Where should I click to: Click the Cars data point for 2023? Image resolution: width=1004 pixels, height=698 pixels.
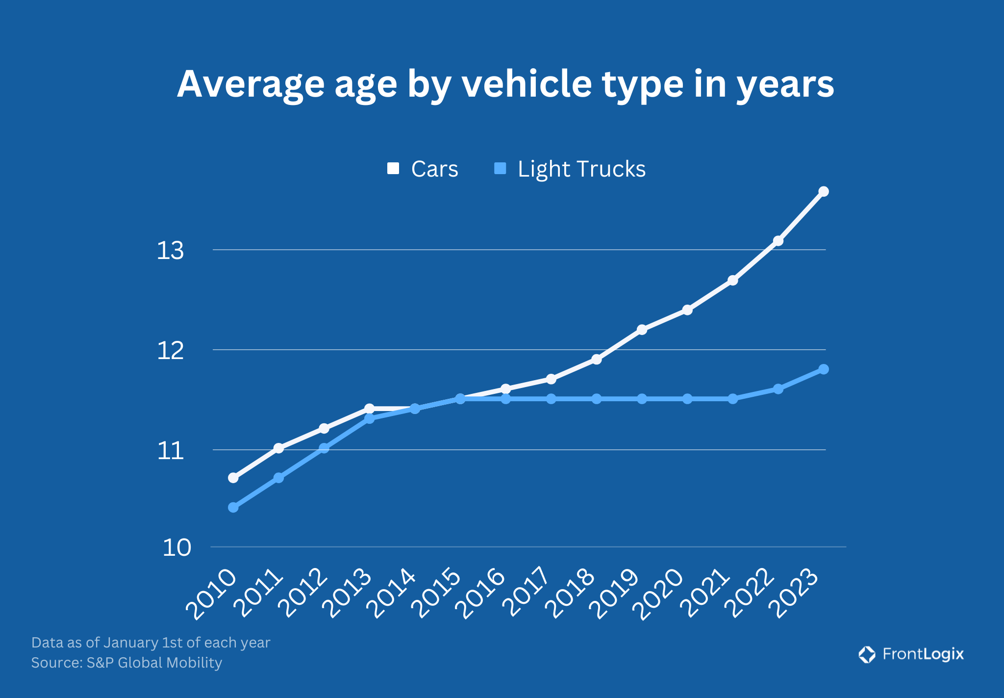824,191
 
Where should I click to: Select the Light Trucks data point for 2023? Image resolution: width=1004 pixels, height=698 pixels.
824,369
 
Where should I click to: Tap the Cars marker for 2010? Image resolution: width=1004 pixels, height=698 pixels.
233,477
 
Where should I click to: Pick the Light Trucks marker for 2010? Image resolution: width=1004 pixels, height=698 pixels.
233,507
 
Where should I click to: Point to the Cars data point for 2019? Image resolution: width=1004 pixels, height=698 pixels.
642,330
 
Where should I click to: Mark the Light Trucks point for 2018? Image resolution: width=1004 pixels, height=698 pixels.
597,399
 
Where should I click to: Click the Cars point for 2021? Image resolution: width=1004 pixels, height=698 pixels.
732,280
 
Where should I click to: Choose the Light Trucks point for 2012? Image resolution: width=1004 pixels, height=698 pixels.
324,448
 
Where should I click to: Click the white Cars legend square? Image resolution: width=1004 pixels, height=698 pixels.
393,169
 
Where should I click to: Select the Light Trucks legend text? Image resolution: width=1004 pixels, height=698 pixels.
581,169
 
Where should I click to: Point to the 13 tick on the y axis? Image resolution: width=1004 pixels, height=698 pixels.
170,251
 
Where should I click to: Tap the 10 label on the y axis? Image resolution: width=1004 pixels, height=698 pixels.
176,547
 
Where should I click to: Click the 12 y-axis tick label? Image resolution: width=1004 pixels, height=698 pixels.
170,351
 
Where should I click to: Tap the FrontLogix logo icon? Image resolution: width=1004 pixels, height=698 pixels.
867,654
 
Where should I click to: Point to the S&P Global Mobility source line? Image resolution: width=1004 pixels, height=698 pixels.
126,663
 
